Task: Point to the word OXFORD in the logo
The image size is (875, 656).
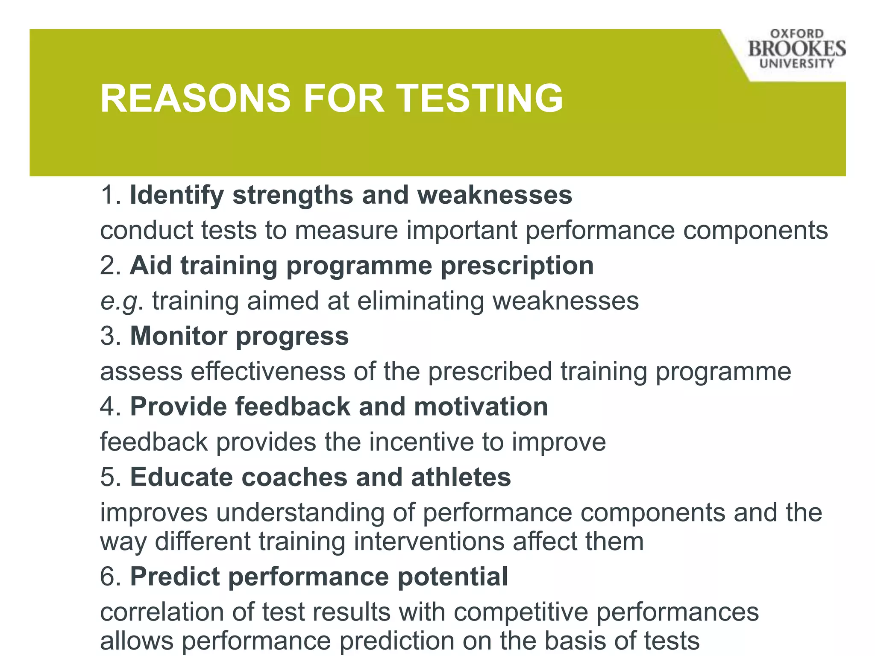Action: [x=797, y=34]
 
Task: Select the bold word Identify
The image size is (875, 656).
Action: [x=176, y=196]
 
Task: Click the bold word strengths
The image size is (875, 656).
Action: [x=293, y=196]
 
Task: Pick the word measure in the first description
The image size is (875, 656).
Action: [x=346, y=231]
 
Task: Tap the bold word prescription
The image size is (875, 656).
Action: [x=517, y=266]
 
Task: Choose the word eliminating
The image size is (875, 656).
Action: [x=420, y=301]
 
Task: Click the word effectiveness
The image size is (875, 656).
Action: [x=268, y=371]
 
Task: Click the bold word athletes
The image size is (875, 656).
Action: [x=461, y=477]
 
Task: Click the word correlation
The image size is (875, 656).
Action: [x=162, y=612]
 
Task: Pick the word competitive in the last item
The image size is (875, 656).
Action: [x=521, y=612]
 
